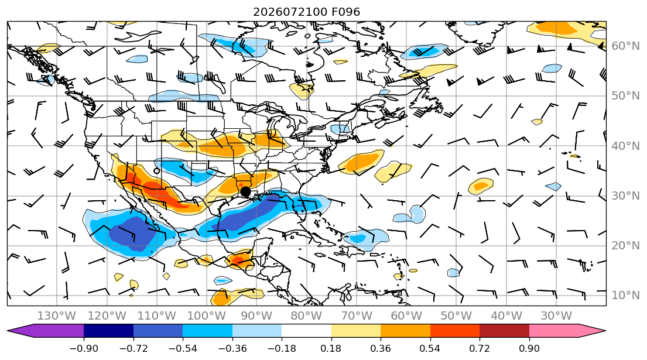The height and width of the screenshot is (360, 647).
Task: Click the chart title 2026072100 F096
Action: click(306, 12)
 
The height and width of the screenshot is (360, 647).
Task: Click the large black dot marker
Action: click(245, 192)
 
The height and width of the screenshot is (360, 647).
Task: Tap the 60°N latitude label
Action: click(625, 46)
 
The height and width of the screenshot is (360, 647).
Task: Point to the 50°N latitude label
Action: click(625, 95)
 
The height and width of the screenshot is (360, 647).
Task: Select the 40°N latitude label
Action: click(625, 146)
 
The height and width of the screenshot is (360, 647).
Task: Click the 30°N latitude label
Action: click(625, 196)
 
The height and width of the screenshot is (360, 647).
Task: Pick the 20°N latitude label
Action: click(625, 245)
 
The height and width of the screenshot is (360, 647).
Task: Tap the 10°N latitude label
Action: click(625, 295)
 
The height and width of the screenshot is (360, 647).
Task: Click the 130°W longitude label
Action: click(57, 316)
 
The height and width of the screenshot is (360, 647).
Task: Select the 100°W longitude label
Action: click(206, 316)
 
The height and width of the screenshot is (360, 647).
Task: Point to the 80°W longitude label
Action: click(306, 316)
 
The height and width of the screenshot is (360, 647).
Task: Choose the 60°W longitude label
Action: click(406, 316)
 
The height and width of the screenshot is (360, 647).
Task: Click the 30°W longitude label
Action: click(556, 316)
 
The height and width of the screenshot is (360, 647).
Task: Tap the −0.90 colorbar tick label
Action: click(84, 348)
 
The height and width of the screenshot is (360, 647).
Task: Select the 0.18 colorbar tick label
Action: click(331, 348)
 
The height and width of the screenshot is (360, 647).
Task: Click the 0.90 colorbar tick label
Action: click(529, 348)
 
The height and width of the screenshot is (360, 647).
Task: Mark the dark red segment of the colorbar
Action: click(504, 331)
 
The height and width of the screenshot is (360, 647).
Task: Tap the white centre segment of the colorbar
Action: click(306, 331)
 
